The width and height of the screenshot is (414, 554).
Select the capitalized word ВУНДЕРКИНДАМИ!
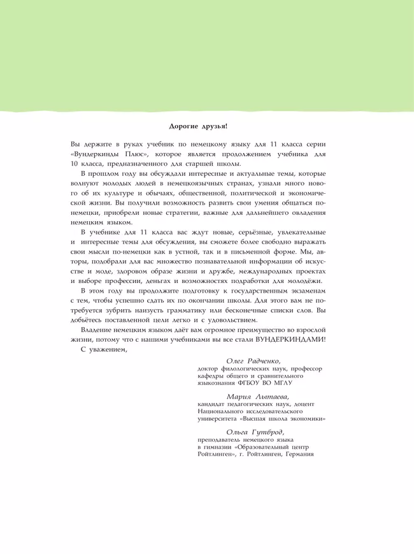290,339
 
